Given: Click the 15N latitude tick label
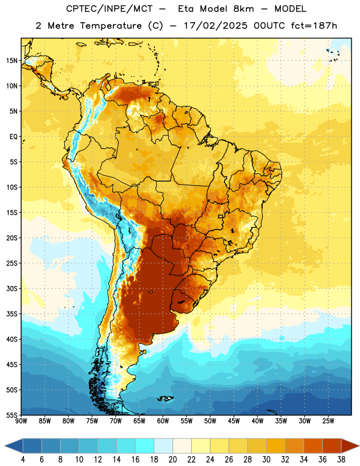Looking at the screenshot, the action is click(x=12, y=61).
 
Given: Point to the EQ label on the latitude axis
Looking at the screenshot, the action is click(x=13, y=137).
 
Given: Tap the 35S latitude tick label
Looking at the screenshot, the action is click(x=12, y=314).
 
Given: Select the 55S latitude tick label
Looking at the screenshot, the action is click(x=12, y=415).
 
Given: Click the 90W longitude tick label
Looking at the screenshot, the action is click(x=21, y=421).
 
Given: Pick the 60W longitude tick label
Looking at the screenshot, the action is click(x=163, y=421).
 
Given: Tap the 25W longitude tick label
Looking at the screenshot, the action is click(x=328, y=421).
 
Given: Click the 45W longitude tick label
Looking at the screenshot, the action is click(x=234, y=421).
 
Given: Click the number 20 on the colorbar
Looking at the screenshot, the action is click(x=172, y=460).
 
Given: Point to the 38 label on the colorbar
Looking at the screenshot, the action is click(x=341, y=460).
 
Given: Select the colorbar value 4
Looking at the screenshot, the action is click(x=23, y=460).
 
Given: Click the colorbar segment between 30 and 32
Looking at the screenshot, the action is click(x=276, y=446).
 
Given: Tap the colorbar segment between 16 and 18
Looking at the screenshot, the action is click(x=144, y=446).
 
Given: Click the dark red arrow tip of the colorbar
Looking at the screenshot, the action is click(x=359, y=446).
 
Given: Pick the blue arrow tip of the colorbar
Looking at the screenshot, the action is click(x=5, y=446).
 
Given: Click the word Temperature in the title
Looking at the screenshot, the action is click(x=111, y=26).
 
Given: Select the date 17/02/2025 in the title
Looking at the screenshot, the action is click(x=216, y=26).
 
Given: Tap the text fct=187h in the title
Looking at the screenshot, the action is click(x=314, y=26).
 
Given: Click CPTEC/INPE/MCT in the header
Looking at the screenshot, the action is click(x=110, y=9).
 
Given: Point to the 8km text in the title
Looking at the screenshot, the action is click(x=243, y=9).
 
